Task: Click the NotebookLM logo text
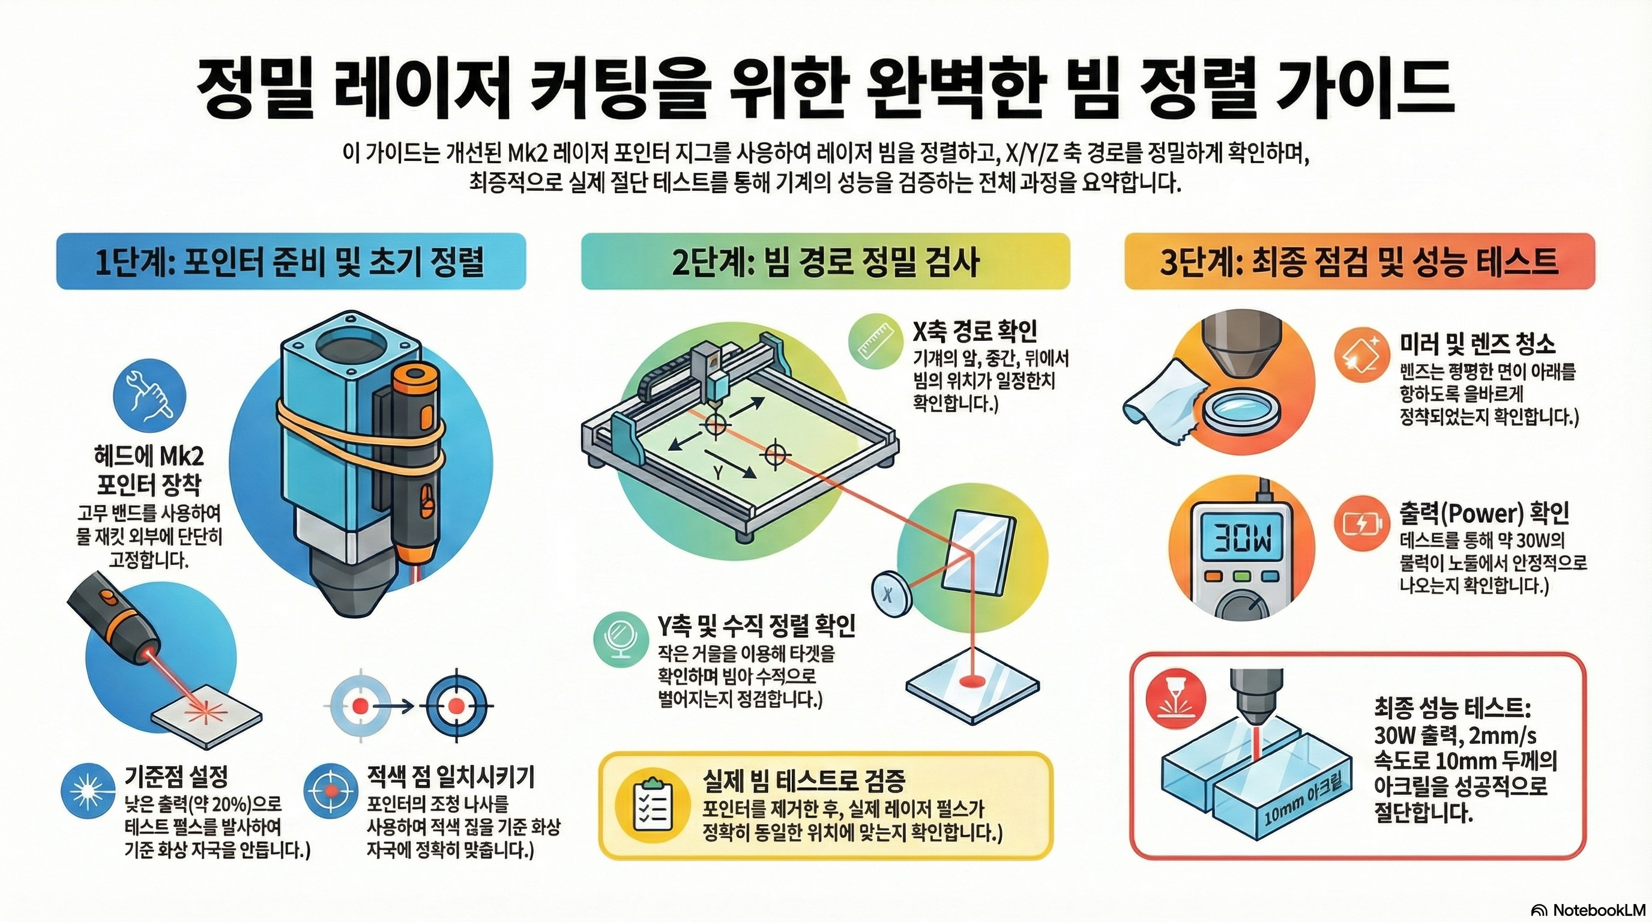pyautogui.click(x=1599, y=909)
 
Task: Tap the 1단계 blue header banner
pyautogui.click(x=291, y=262)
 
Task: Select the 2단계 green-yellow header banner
pyautogui.click(x=825, y=262)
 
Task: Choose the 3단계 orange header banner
pyautogui.click(x=1360, y=262)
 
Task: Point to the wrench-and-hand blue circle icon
pyautogui.click(x=149, y=395)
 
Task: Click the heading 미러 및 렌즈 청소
pyautogui.click(x=1477, y=345)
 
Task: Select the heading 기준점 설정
pyautogui.click(x=176, y=777)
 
